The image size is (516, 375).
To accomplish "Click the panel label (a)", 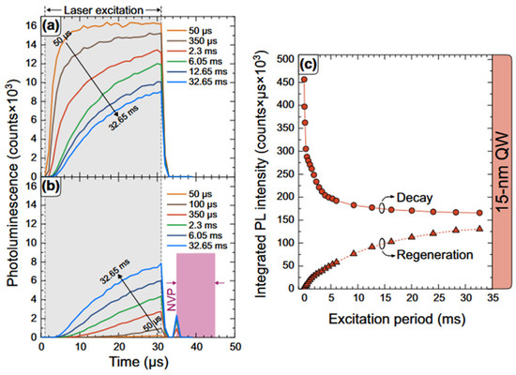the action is [x=50, y=25].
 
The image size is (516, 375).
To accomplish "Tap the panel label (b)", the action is [x=50, y=187].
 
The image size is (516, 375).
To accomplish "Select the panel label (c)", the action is [x=308, y=65].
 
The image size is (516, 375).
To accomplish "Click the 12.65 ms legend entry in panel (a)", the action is [x=196, y=71].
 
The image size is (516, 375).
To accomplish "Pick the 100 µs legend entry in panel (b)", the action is [x=191, y=204].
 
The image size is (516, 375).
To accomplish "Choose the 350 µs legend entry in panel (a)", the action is [x=191, y=41].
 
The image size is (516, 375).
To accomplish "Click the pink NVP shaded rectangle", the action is [x=196, y=295].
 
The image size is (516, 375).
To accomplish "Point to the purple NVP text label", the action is [x=172, y=301].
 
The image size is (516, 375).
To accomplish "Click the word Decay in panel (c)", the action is [x=415, y=198].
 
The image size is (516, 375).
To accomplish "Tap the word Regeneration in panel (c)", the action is [x=434, y=255].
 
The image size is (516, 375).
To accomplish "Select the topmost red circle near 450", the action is [x=304, y=80].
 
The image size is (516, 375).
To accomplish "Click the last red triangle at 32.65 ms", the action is [x=479, y=229].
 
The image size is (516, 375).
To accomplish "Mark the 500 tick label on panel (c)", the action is [x=284, y=60].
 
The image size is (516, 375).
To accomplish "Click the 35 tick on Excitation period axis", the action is [x=493, y=298].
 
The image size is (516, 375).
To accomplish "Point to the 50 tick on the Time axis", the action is [x=235, y=347].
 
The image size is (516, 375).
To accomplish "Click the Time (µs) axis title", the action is [x=139, y=362].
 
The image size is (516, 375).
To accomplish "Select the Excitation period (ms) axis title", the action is [x=397, y=319].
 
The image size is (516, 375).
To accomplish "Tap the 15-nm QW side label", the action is [x=502, y=171].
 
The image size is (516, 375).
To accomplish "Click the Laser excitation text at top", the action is [x=103, y=10].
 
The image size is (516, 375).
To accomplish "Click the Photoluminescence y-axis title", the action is [x=12, y=183].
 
